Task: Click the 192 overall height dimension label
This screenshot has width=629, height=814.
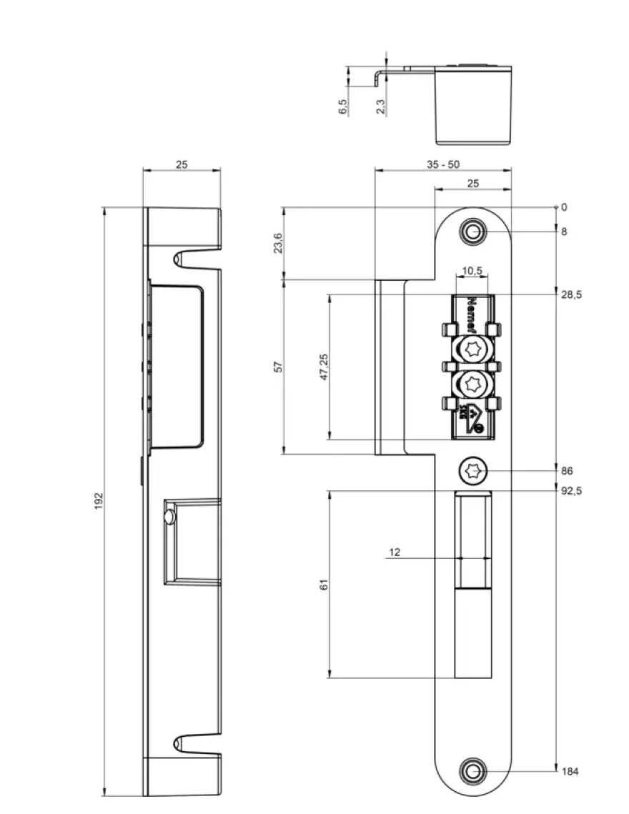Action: point(99,501)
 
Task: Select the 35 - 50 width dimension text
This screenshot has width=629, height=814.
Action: point(443,164)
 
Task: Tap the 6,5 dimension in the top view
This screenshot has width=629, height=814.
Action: point(343,107)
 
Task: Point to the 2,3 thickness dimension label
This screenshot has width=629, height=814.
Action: point(381,107)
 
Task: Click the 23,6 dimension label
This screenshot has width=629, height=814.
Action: point(278,243)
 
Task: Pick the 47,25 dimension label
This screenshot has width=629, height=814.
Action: point(324,367)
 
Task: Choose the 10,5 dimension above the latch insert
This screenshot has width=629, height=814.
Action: point(472,270)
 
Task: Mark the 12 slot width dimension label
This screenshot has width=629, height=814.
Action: point(395,552)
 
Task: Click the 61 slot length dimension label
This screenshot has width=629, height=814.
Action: point(324,585)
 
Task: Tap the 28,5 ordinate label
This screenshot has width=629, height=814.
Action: point(571,295)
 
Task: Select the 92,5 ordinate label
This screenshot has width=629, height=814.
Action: point(571,490)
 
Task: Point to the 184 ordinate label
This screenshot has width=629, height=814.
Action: point(570,771)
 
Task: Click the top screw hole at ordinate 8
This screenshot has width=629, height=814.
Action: point(472,232)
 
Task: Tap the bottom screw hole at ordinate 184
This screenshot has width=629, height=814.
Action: point(472,771)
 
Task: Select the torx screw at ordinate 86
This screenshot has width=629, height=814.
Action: point(472,472)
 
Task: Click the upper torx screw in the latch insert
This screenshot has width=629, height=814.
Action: point(472,349)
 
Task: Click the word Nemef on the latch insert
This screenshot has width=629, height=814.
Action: point(472,314)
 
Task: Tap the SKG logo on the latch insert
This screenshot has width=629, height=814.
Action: point(470,418)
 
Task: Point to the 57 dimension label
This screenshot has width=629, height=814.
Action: point(278,367)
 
